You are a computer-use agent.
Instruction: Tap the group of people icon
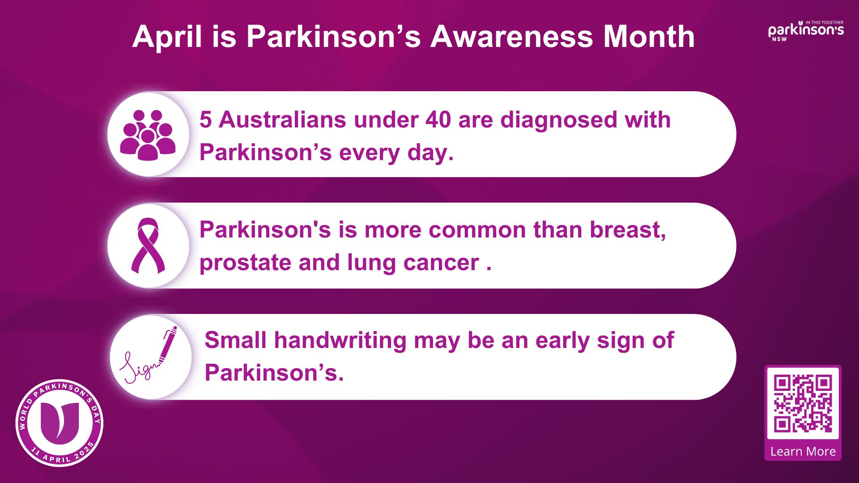[148, 135]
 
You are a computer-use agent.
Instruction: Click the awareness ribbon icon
[148, 246]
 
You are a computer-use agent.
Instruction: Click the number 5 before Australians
[205, 120]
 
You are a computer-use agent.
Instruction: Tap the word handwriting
[340, 341]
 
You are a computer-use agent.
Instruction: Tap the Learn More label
[803, 452]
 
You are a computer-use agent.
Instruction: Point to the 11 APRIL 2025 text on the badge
[63, 453]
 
